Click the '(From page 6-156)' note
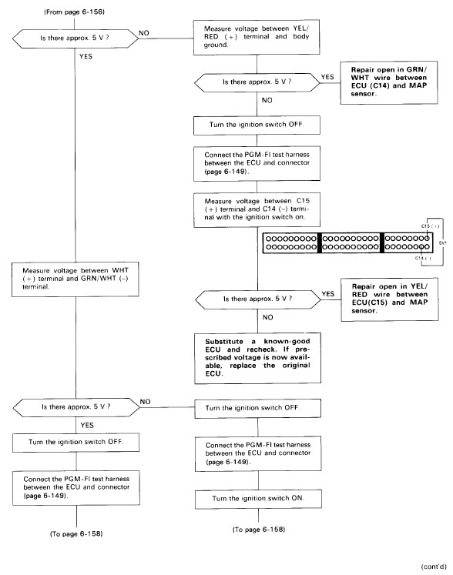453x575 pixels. coord(75,12)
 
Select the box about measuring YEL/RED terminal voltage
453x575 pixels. coord(257,38)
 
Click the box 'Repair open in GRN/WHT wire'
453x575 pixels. coord(389,82)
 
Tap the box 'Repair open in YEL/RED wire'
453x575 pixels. coord(390,299)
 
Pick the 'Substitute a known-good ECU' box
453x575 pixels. coord(258,358)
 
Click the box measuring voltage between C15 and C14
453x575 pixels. coord(257,209)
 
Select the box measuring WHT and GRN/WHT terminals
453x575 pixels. coord(75,279)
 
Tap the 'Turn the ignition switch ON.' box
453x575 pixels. coord(258,499)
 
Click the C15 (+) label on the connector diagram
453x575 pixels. coord(430,226)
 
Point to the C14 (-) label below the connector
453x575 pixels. coord(423,258)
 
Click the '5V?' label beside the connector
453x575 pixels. coord(442,242)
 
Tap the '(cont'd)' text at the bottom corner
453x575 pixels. coord(434,567)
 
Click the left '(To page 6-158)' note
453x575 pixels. coord(76,534)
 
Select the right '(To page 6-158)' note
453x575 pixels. coord(259,530)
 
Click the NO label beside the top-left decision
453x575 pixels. coord(144,33)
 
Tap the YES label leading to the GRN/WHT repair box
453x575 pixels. coord(327,77)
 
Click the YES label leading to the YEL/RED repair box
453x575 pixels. coord(328,294)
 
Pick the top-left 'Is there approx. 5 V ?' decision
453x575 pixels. coord(75,38)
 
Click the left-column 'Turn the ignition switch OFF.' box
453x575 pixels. coord(76,443)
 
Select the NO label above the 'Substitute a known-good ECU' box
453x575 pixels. coord(267,317)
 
